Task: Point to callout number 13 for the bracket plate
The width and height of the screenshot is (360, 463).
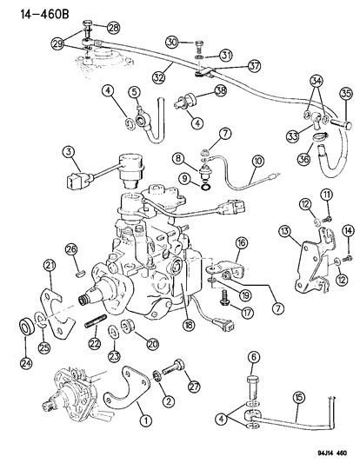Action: (283, 230)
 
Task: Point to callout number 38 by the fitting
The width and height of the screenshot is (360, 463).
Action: (222, 90)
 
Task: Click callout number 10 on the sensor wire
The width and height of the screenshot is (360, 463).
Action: (258, 161)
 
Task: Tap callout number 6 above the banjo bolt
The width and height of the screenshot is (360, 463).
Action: (253, 355)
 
